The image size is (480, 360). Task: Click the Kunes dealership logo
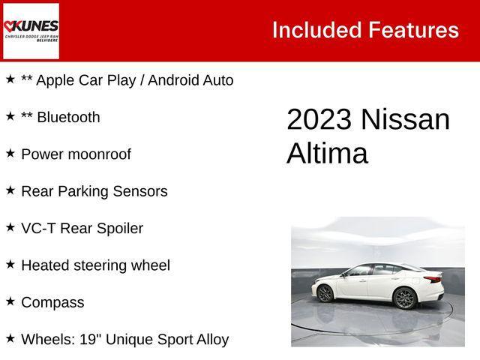pyautogui.click(x=31, y=31)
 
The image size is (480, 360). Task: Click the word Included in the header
pyautogui.click(x=316, y=30)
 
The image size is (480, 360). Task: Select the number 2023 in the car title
pyautogui.click(x=319, y=120)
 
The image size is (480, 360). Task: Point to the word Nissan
pyautogui.click(x=405, y=120)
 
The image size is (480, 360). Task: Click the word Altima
pyautogui.click(x=327, y=154)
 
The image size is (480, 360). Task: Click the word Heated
pyautogui.click(x=45, y=265)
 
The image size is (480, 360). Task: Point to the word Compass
pyautogui.click(x=52, y=302)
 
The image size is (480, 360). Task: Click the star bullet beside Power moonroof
pyautogui.click(x=10, y=153)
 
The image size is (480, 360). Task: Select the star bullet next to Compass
pyautogui.click(x=10, y=301)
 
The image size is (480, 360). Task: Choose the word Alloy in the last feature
pyautogui.click(x=210, y=339)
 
